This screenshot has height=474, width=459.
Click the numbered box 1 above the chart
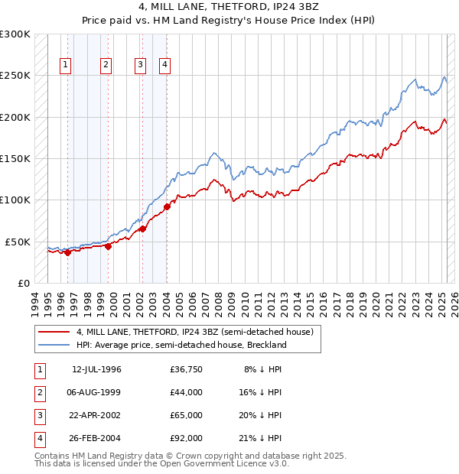[67, 66]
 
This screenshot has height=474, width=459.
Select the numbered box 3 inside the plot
[141, 66]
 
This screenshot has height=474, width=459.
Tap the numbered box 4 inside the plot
[164, 66]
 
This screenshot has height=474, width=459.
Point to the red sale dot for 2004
[167, 206]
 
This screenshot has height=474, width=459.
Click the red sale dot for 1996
[67, 252]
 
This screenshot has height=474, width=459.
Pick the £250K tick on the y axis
[15, 76]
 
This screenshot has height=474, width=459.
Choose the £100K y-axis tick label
[15, 200]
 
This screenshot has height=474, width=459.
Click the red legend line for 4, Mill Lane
[54, 333]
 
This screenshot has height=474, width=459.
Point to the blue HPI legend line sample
[54, 345]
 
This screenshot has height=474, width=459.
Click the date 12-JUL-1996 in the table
[96, 369]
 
